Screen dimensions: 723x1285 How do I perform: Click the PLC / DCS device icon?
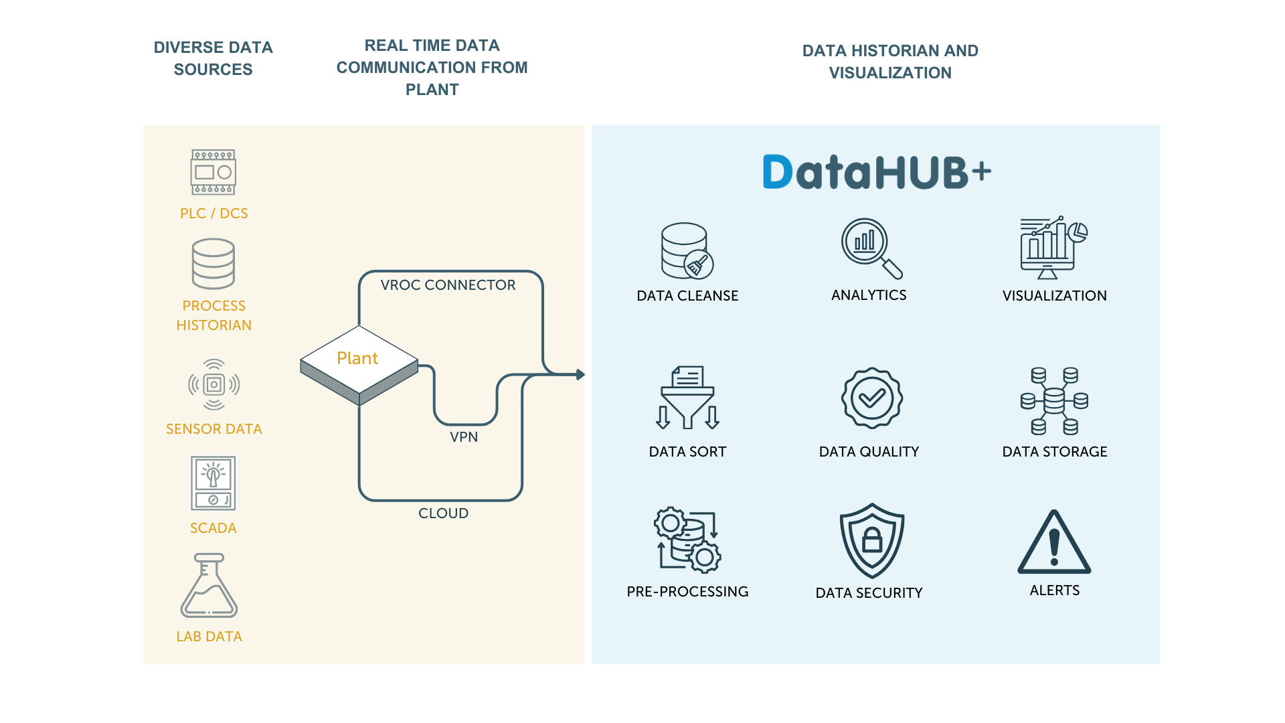point(213,172)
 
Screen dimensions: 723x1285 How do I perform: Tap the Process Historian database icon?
point(213,264)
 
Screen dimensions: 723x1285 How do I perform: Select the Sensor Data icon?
point(213,384)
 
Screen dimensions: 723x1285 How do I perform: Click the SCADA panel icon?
point(213,483)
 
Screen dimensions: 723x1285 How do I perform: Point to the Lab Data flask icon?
point(209,586)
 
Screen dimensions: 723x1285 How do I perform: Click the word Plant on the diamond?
point(357,359)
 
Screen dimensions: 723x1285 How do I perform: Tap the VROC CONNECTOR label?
point(448,285)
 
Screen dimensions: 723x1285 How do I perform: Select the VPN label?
point(464,437)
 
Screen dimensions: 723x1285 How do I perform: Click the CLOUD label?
point(443,513)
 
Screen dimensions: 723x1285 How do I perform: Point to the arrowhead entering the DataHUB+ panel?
point(580,375)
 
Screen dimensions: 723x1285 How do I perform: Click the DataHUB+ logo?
point(876,172)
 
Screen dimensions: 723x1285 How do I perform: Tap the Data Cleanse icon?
point(687,251)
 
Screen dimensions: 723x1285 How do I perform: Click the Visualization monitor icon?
point(1053,248)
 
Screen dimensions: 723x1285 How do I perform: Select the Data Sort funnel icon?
point(687,398)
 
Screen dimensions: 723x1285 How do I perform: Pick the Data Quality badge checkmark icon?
point(871,398)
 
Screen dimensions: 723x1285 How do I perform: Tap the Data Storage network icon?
point(1054,401)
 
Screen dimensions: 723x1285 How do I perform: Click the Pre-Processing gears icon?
point(687,540)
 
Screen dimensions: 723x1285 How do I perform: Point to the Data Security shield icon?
point(871,540)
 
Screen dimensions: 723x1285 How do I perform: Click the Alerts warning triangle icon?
point(1054,543)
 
